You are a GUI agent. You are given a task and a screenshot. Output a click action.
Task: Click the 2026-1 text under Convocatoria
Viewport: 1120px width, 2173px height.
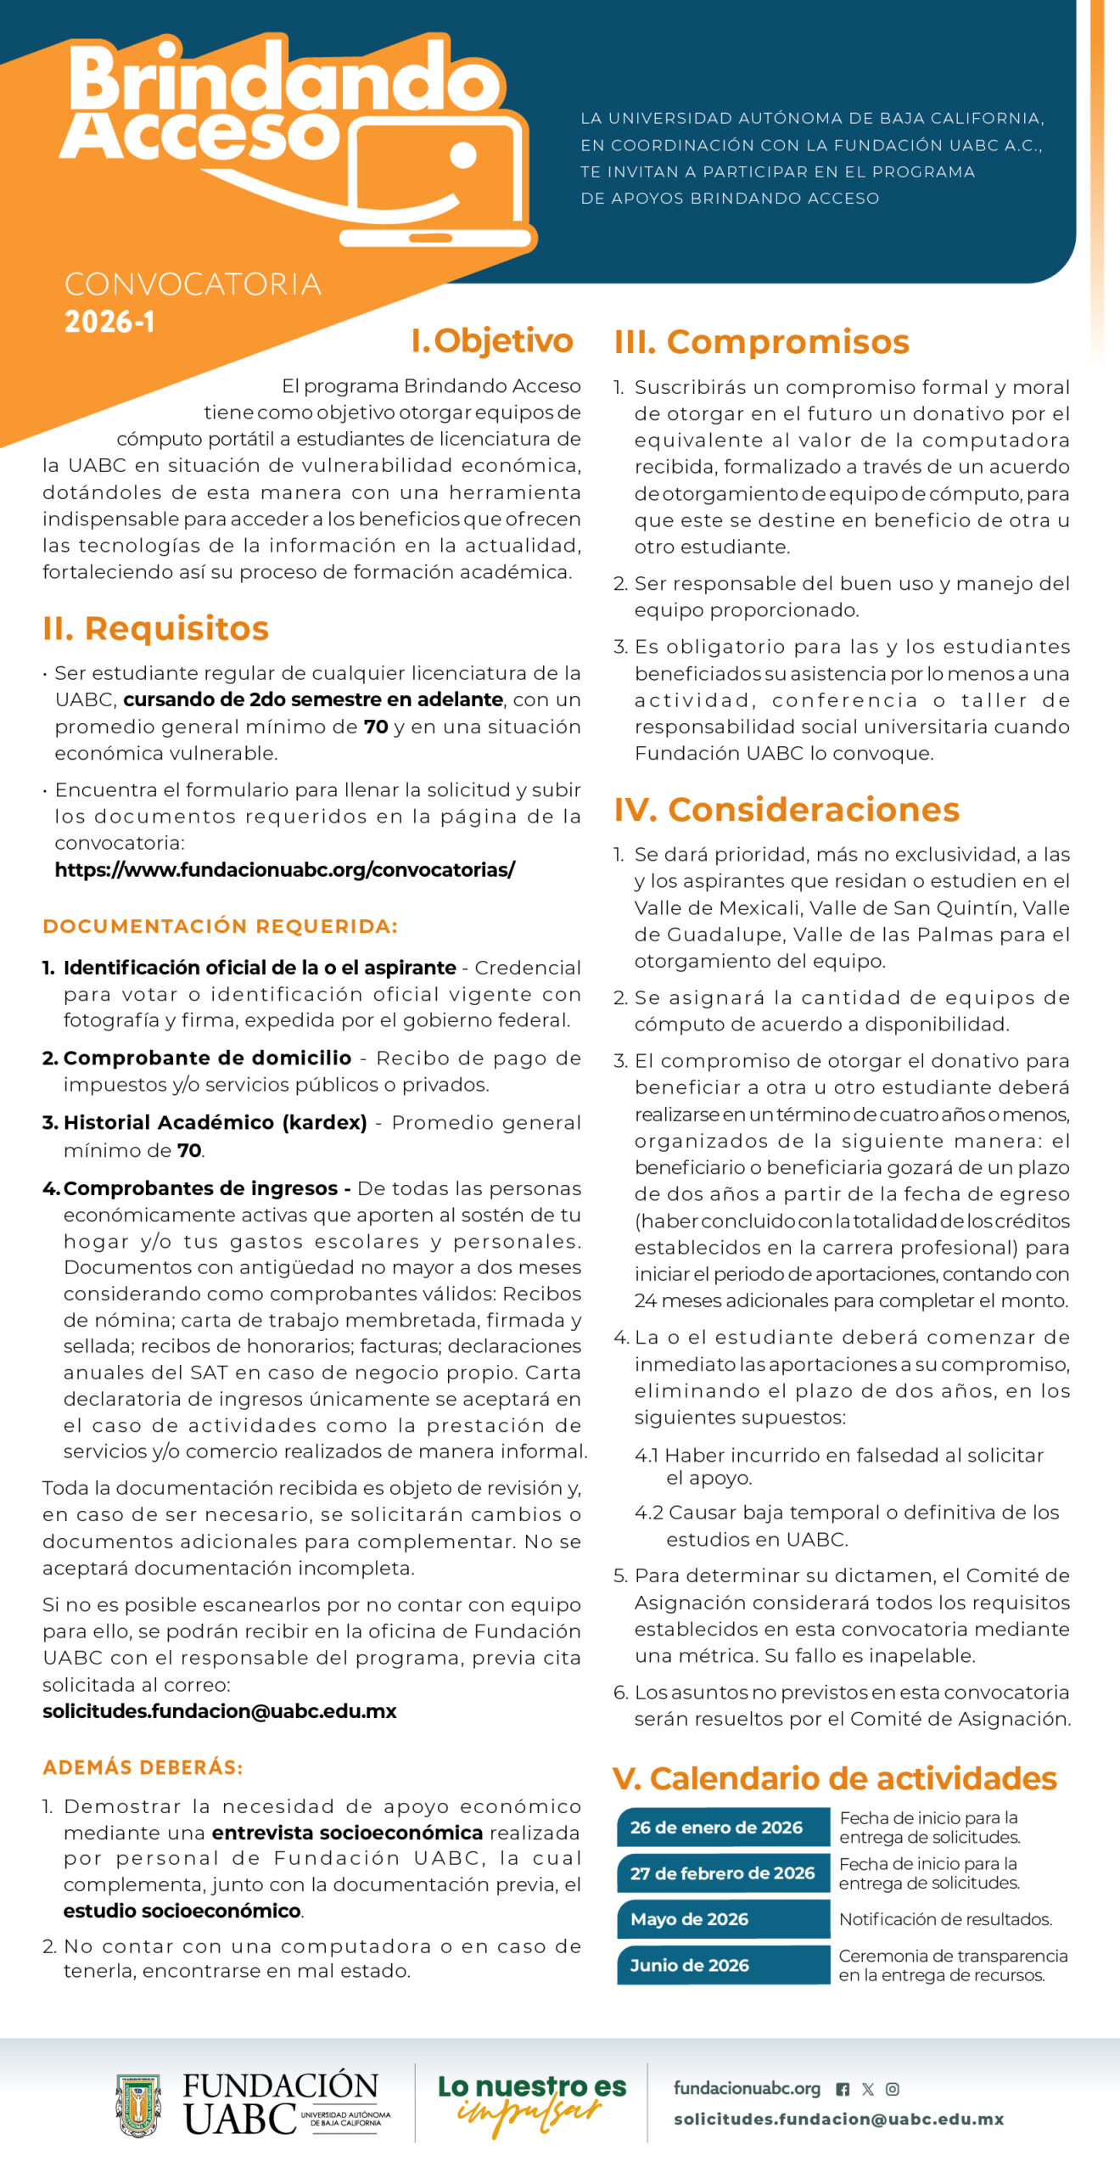pyautogui.click(x=109, y=322)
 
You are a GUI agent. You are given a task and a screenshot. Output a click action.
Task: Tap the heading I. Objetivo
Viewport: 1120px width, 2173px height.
pyautogui.click(x=492, y=340)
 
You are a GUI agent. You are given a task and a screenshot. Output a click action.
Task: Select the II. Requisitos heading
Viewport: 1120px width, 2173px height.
pyautogui.click(x=155, y=628)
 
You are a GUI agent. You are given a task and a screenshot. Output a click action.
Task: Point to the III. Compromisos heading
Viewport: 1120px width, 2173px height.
pyautogui.click(x=761, y=342)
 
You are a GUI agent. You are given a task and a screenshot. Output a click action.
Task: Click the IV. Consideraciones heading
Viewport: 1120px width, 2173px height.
pyautogui.click(x=787, y=809)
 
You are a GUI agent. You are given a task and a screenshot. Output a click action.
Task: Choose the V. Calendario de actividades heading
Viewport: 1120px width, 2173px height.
pyautogui.click(x=834, y=1777)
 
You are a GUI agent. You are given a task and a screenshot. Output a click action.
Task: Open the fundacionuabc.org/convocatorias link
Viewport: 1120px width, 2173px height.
pyautogui.click(x=284, y=869)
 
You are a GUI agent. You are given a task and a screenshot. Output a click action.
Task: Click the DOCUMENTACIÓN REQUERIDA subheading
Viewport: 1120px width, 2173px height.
pyautogui.click(x=220, y=926)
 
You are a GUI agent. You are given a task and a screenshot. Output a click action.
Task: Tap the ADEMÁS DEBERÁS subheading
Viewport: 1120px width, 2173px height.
pyautogui.click(x=143, y=1767)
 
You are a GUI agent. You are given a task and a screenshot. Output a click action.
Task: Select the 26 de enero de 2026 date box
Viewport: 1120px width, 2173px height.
pyautogui.click(x=722, y=1828)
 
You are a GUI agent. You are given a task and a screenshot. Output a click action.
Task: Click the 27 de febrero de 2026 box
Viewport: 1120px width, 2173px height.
pyautogui.click(x=722, y=1873)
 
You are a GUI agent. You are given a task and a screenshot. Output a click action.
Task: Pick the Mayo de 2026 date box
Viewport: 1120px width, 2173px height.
pyautogui.click(x=722, y=1919)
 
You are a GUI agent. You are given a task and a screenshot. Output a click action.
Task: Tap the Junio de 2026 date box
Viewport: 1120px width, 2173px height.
pyautogui.click(x=722, y=1965)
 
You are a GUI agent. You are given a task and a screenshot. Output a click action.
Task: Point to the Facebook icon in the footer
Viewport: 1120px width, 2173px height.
pyautogui.click(x=843, y=2089)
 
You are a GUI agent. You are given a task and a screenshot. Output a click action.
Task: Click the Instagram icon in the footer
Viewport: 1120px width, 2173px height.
pyautogui.click(x=893, y=2089)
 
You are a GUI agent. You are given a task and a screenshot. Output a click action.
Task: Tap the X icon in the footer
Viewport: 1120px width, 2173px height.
pyautogui.click(x=868, y=2089)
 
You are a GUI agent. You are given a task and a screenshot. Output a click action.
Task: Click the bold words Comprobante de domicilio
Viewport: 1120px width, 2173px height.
pyautogui.click(x=207, y=1058)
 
